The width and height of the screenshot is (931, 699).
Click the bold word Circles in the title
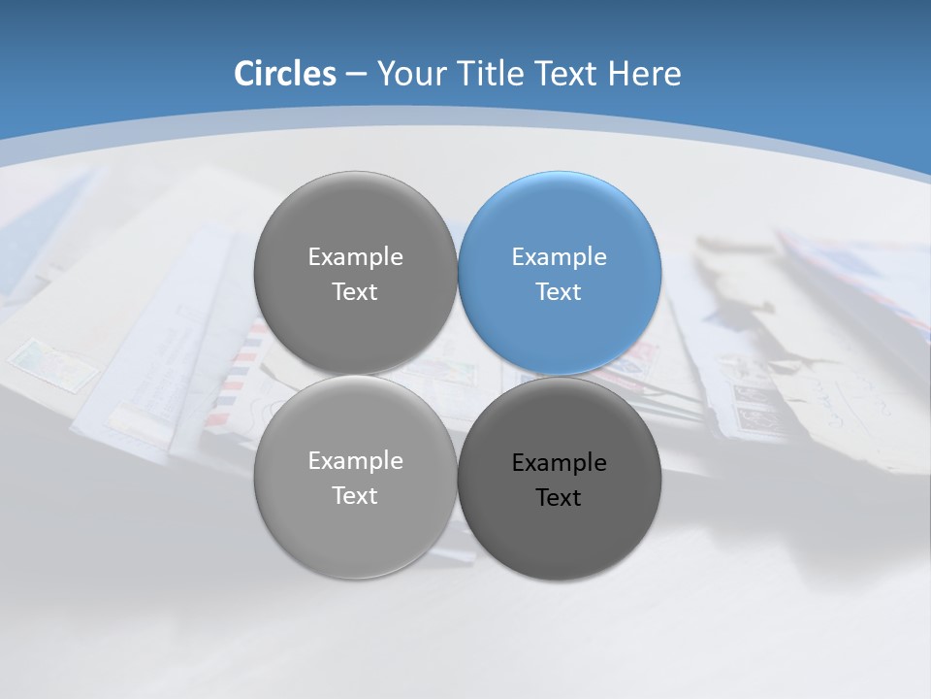(284, 74)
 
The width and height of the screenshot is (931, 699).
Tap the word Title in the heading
(498, 74)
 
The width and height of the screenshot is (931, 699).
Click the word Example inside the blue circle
(559, 257)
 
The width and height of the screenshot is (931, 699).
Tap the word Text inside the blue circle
(559, 292)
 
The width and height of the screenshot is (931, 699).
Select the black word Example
(559, 463)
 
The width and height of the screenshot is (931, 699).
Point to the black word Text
(559, 498)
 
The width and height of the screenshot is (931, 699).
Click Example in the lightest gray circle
(355, 461)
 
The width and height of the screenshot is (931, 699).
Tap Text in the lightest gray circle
(355, 496)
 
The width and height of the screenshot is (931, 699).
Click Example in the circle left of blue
(355, 257)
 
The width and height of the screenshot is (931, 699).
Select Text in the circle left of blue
(355, 292)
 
